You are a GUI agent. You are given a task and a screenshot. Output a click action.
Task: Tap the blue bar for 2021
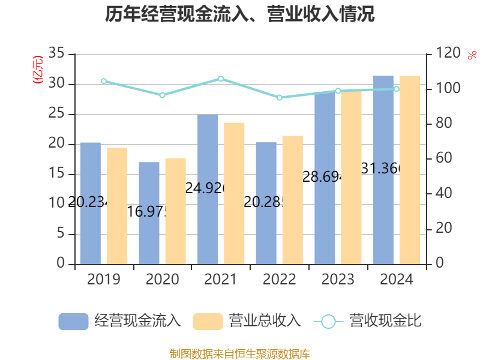tap(208, 189)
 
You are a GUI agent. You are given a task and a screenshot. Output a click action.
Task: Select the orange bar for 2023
tap(352, 177)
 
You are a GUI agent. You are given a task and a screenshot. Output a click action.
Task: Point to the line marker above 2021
tap(221, 79)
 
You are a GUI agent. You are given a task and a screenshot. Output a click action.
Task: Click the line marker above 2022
tap(279, 97)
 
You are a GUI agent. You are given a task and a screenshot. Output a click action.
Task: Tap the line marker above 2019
tap(104, 81)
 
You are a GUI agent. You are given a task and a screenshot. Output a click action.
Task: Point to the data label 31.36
tap(380, 169)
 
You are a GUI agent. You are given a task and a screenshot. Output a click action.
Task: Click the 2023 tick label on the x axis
tap(338, 280)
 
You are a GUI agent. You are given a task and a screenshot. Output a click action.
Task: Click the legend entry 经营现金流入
tap(120, 321)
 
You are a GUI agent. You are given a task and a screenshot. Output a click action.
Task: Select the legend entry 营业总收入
tap(247, 321)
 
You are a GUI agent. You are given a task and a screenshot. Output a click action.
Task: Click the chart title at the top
tap(240, 14)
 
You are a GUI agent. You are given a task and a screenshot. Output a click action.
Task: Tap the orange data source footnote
tap(240, 354)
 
